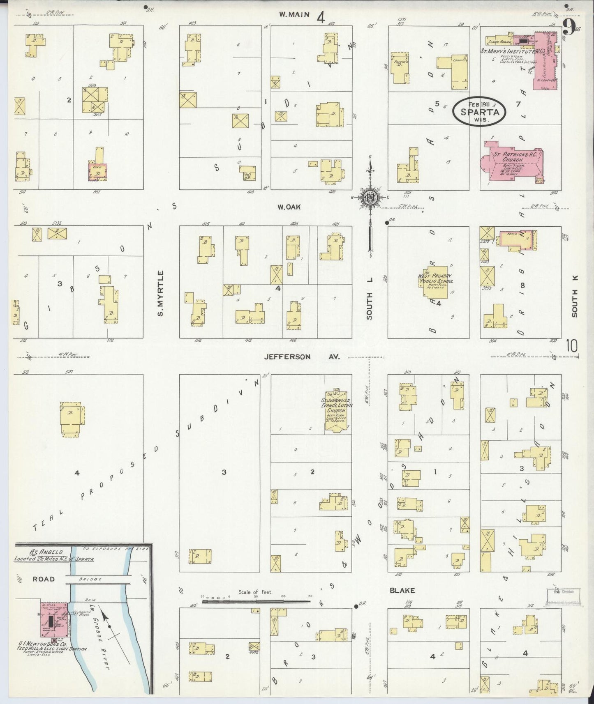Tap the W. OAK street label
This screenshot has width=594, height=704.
(289, 207)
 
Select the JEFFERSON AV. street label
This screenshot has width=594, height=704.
(302, 357)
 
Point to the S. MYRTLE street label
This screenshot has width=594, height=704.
(161, 293)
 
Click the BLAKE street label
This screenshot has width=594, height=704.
(403, 591)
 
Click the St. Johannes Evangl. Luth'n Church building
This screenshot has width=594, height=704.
(336, 411)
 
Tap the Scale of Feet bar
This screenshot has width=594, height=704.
(256, 601)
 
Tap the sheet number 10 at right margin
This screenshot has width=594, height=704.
(571, 346)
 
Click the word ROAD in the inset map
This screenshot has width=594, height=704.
(44, 579)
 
